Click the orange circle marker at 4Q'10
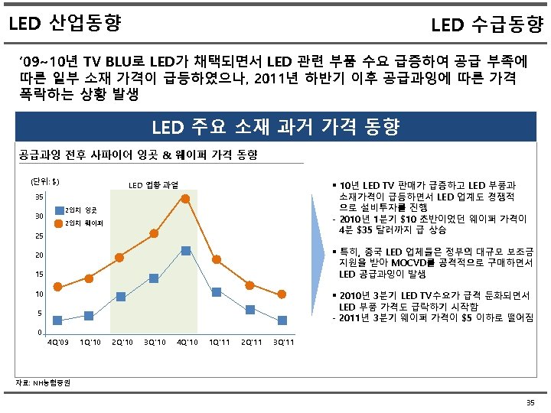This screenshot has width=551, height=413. pos(185,199)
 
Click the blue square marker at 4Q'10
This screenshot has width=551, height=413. pos(185,251)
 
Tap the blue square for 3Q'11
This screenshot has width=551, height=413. pos(282,320)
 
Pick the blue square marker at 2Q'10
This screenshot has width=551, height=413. pos(121,297)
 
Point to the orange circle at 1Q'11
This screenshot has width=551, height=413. pos(217,259)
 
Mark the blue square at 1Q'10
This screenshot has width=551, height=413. pos(89,315)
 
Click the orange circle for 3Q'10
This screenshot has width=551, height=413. pos(154,233)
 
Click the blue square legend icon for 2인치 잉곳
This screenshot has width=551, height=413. pos(57,210)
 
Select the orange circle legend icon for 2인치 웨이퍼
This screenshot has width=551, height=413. pos(57,223)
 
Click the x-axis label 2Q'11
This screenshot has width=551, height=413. pos(250,342)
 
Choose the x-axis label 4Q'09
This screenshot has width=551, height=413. pos(57,342)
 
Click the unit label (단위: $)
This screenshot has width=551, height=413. pos(44,181)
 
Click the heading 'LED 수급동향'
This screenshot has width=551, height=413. pos(487,26)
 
